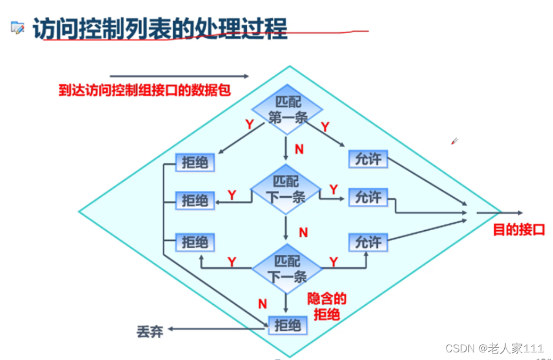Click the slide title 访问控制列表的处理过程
pyautogui.click(x=160, y=28)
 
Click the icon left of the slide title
pyautogui.click(x=18, y=27)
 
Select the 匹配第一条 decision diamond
pyautogui.click(x=288, y=109)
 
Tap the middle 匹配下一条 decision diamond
pyautogui.click(x=286, y=189)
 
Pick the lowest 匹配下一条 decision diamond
pyautogui.click(x=287, y=268)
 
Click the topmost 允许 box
pyautogui.click(x=368, y=159)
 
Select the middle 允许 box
pyautogui.click(x=368, y=198)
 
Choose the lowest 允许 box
pyautogui.click(x=368, y=242)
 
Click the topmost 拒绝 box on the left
pyautogui.click(x=195, y=163)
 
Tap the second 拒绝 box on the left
pyautogui.click(x=195, y=201)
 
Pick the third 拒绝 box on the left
pyautogui.click(x=195, y=242)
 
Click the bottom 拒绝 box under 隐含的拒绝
pyautogui.click(x=287, y=325)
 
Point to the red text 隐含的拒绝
pyautogui.click(x=327, y=306)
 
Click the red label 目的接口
pyautogui.click(x=519, y=230)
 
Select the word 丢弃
pyautogui.click(x=149, y=332)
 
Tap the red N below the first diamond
pyautogui.click(x=299, y=149)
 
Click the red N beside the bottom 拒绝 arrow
pyautogui.click(x=263, y=304)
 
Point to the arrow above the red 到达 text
pyautogui.click(x=179, y=76)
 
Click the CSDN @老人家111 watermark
pyautogui.click(x=494, y=348)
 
